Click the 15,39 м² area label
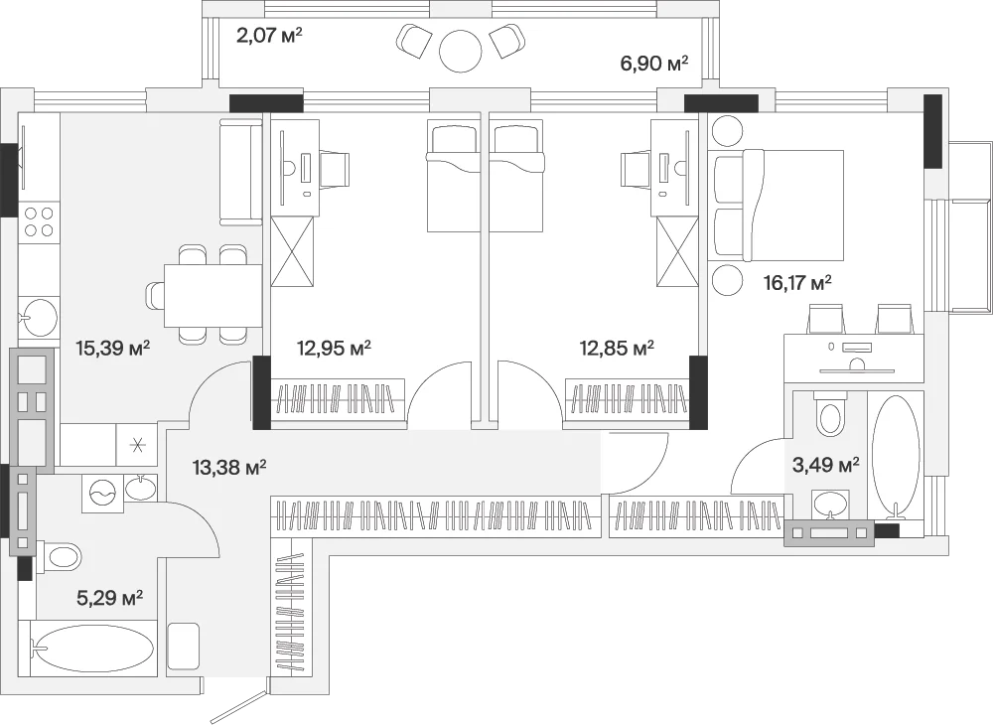(x=112, y=348)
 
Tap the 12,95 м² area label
(x=334, y=348)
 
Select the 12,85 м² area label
(x=617, y=348)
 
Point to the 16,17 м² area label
(x=797, y=282)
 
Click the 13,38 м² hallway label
(x=228, y=468)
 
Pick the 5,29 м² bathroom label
(x=109, y=597)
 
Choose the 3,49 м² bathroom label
(x=826, y=466)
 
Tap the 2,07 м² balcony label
(x=269, y=35)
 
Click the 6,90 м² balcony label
(x=654, y=64)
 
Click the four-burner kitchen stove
(x=39, y=222)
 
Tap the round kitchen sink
(x=40, y=317)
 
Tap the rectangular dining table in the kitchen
(x=213, y=296)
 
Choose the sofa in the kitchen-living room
(x=240, y=171)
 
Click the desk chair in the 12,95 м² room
(x=334, y=169)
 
